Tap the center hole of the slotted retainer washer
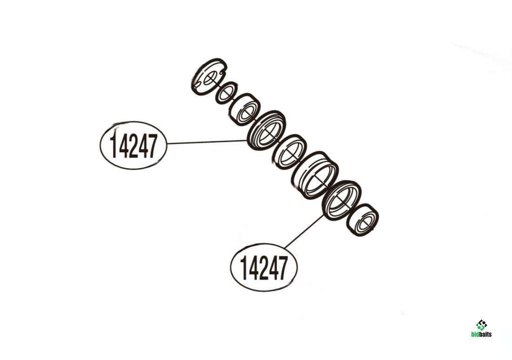point(210,77)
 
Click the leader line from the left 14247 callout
point(207,142)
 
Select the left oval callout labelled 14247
point(133,145)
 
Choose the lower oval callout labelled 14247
point(264,267)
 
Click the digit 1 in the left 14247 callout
point(114,146)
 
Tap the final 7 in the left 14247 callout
point(152,146)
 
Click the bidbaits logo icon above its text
point(481,325)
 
